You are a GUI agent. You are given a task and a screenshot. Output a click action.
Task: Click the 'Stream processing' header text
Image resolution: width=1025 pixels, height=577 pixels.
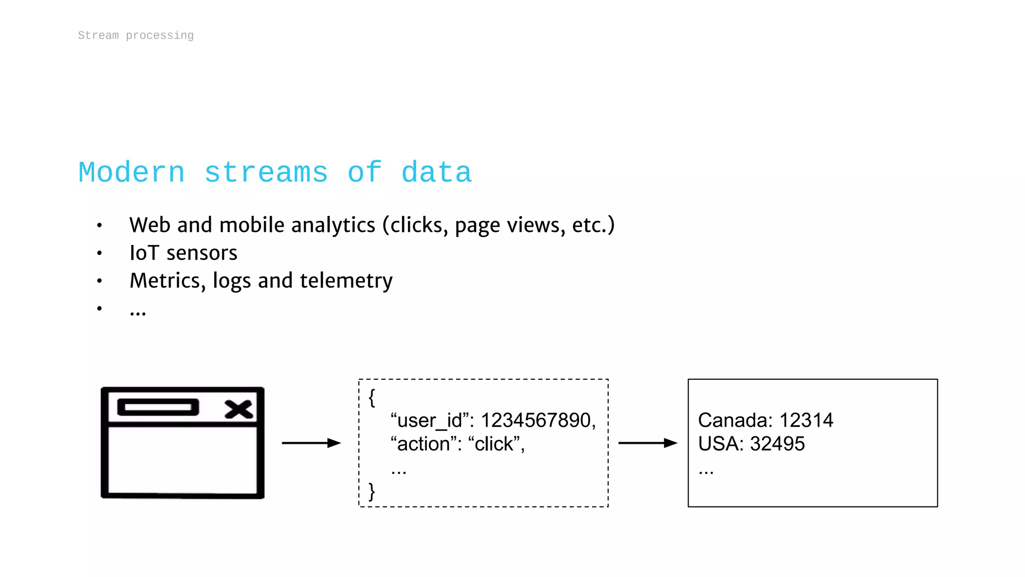pos(136,36)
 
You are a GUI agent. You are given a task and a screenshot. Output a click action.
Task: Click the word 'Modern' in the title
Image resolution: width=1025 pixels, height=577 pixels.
pos(132,173)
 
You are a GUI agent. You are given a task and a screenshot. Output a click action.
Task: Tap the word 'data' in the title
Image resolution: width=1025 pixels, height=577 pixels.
pos(436,173)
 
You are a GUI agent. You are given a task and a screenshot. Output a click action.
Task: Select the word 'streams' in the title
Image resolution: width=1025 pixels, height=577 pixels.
pos(266,173)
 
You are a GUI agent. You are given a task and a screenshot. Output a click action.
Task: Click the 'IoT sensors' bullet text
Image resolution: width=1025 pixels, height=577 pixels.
pos(183,253)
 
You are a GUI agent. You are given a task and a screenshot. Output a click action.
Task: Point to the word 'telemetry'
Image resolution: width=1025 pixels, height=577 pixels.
pos(346,281)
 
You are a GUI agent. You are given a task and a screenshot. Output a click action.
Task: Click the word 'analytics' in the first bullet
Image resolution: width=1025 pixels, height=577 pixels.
pos(333,225)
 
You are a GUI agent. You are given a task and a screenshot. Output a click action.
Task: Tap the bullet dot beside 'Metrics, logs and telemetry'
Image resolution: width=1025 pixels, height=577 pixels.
pos(100,281)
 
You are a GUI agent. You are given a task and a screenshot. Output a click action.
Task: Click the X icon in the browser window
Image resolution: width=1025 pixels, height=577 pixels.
pos(239,409)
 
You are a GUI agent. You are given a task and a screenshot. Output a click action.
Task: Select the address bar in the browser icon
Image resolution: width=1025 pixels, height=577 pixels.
pos(158,407)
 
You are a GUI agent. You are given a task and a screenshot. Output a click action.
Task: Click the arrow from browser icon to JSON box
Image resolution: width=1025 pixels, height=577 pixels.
pos(311,443)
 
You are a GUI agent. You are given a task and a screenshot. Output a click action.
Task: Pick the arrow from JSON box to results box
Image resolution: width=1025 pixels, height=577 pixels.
pos(648,443)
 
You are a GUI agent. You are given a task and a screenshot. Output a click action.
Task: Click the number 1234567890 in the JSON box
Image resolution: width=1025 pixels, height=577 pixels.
pos(536,420)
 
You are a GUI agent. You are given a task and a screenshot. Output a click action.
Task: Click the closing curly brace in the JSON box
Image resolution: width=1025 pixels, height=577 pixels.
pos(372,491)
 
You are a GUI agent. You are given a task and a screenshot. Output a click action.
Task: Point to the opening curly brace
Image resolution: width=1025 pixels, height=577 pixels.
pos(372,398)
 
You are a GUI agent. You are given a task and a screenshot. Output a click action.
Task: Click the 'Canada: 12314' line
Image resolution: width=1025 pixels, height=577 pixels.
pos(765,420)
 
